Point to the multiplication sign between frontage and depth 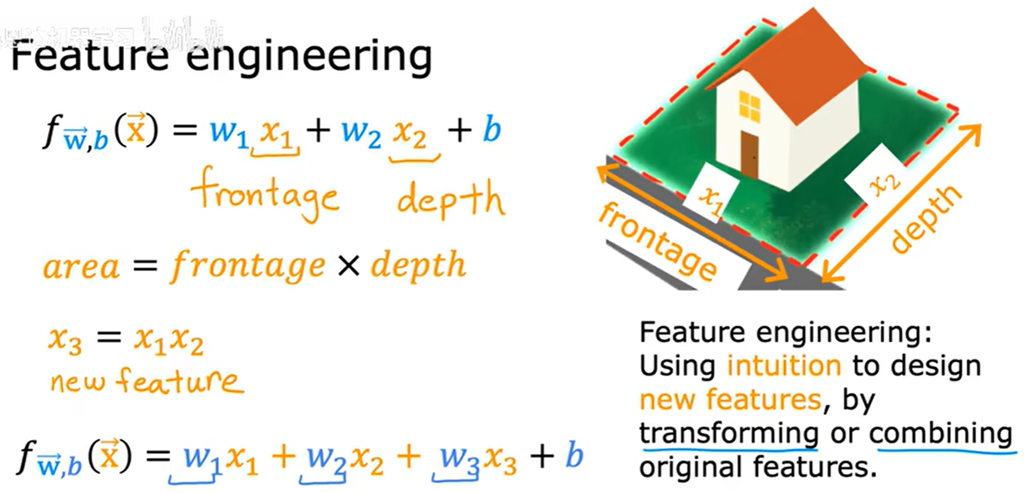pyautogui.click(x=348, y=266)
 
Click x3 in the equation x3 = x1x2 pyautogui.click(x=65, y=340)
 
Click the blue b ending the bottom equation pyautogui.click(x=574, y=455)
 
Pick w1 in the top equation pyautogui.click(x=228, y=132)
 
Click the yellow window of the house pyautogui.click(x=750, y=107)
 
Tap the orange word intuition pyautogui.click(x=784, y=366)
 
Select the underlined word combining pyautogui.click(x=941, y=434)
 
